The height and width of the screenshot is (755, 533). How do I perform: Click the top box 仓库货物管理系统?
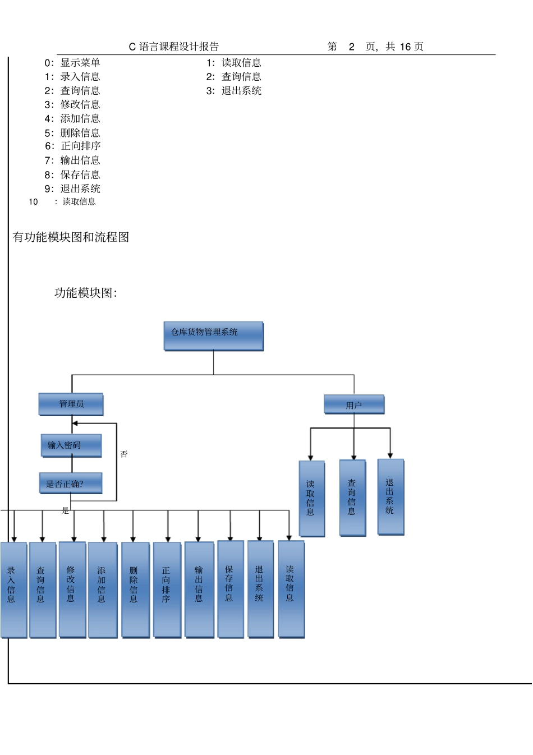point(213,335)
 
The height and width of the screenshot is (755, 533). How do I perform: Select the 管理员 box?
point(71,404)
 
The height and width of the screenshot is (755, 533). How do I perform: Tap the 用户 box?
point(354,404)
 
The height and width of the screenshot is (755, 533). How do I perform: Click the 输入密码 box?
point(71,445)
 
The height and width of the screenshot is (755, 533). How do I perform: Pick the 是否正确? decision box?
point(71,483)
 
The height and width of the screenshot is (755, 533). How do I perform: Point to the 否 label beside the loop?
point(124,454)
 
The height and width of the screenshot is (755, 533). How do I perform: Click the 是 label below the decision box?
point(65,510)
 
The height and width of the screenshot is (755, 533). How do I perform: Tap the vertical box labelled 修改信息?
point(72,589)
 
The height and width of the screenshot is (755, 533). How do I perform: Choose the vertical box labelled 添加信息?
point(103,589)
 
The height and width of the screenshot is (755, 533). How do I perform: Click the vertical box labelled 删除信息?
point(135,589)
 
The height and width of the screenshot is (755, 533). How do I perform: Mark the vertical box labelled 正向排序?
point(167,589)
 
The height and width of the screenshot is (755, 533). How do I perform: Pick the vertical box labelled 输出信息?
point(199,589)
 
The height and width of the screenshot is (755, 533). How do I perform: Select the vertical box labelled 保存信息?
point(231,588)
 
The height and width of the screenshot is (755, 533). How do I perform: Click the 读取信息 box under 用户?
point(312,498)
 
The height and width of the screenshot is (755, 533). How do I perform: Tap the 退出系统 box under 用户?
point(390,496)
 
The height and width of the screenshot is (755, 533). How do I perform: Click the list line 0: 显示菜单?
point(72,63)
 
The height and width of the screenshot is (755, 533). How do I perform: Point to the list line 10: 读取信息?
point(62,202)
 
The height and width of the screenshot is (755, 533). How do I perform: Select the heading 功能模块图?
point(85,293)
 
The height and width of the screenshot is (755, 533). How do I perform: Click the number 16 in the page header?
point(405,47)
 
